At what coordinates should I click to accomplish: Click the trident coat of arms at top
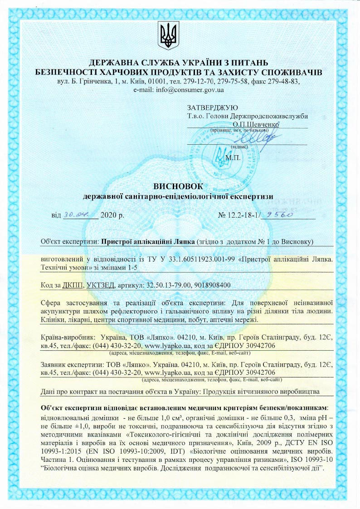[169, 35]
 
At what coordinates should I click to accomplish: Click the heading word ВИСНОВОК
[179, 186]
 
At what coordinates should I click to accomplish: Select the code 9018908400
[212, 285]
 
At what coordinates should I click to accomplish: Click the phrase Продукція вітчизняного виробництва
[261, 391]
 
